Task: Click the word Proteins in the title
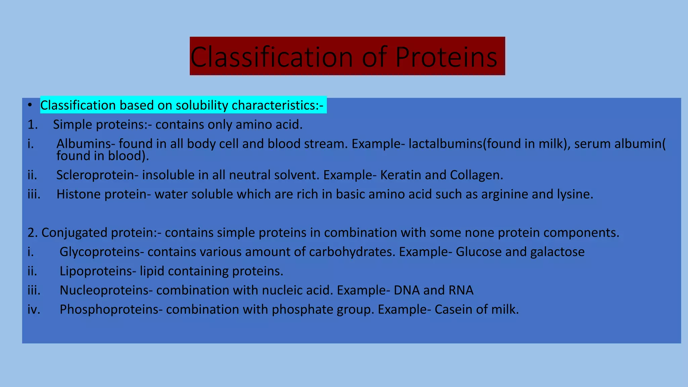tap(446, 57)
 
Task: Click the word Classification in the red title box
tap(271, 57)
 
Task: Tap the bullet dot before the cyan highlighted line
tap(30, 105)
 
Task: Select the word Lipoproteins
tap(96, 271)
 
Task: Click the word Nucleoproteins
tap(104, 290)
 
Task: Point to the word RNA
tap(461, 290)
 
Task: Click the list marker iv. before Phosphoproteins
tap(34, 309)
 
